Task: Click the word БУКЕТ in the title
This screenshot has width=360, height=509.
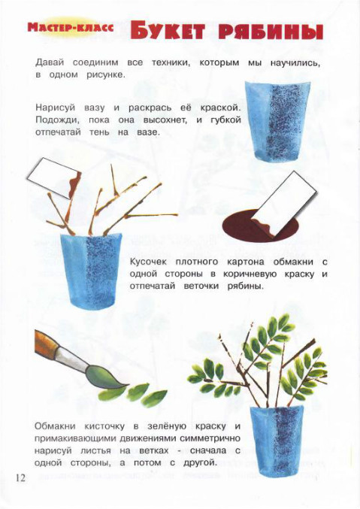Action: point(168,32)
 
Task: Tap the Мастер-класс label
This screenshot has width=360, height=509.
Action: point(71,28)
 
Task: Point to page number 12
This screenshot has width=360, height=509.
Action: point(20,478)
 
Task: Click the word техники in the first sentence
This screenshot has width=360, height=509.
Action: point(171,62)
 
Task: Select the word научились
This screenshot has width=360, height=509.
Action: point(295,63)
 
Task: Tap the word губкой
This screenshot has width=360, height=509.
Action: point(225,120)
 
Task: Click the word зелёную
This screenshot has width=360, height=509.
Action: point(167,426)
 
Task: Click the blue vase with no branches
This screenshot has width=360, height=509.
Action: point(277,120)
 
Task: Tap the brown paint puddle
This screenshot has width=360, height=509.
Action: point(260,226)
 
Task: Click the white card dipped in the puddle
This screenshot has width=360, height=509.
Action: point(285,204)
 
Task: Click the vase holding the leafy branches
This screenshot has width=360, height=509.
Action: point(277,440)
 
